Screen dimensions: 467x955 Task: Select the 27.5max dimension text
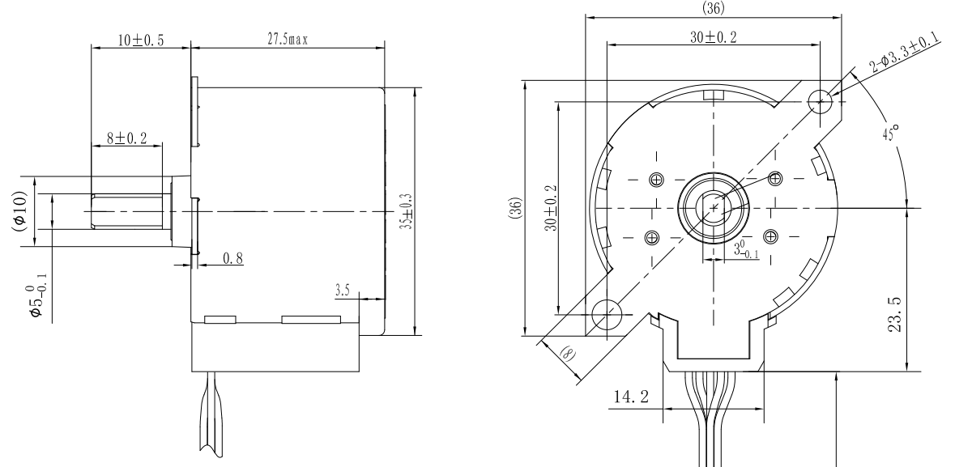point(288,39)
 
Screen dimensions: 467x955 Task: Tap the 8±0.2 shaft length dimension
point(126,138)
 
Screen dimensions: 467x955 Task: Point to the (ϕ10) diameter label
point(19,210)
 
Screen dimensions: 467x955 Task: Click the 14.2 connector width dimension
point(633,398)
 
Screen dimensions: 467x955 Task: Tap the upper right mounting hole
point(821,100)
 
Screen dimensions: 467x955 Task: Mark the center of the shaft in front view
point(714,208)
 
